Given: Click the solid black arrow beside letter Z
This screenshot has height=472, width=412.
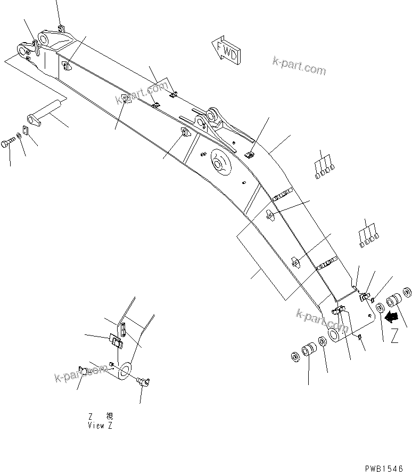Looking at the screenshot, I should (391, 317).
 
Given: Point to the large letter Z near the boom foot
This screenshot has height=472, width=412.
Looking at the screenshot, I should (394, 336).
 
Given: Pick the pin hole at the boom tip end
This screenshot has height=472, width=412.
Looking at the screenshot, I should (23, 50).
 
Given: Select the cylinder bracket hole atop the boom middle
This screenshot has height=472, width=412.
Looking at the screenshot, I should (213, 115).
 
